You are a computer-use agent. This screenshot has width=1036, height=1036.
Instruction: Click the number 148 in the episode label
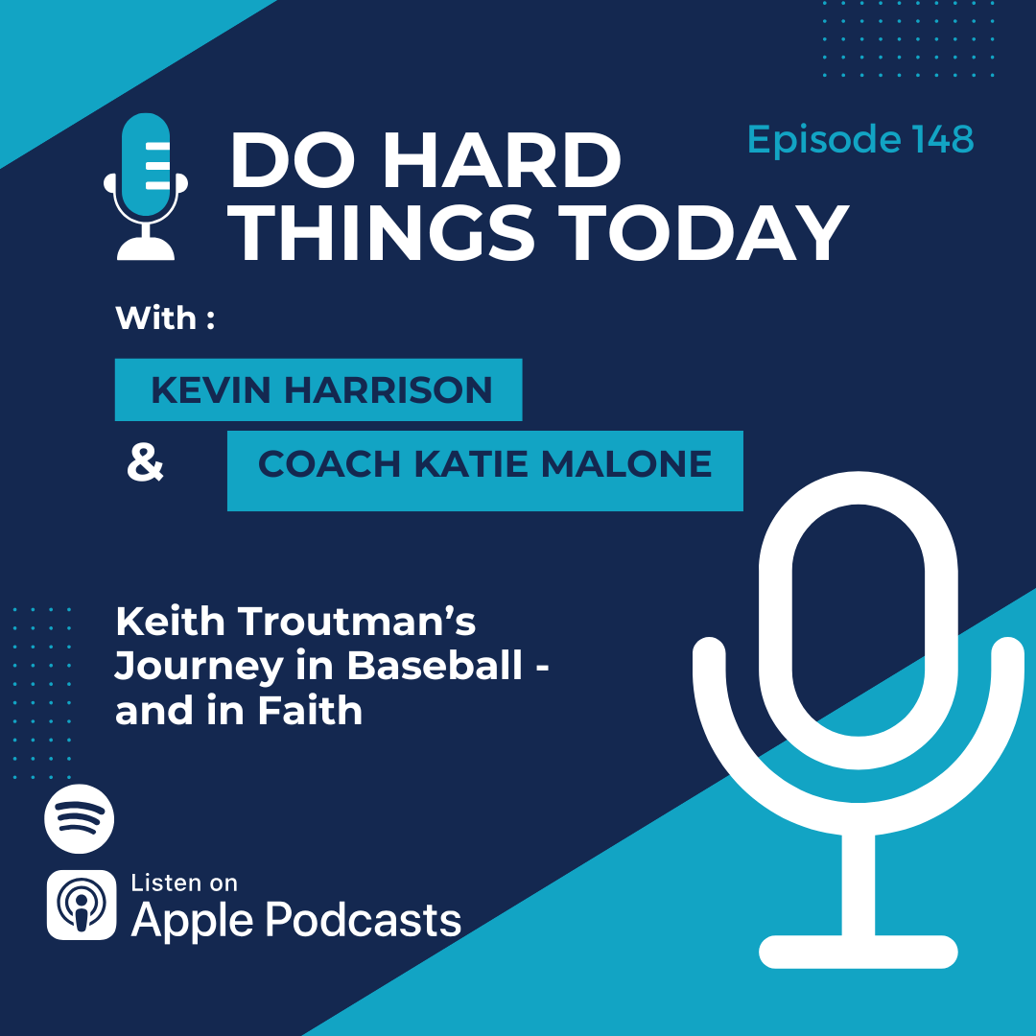point(943,139)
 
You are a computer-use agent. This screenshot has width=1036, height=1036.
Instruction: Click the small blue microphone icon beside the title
point(146,186)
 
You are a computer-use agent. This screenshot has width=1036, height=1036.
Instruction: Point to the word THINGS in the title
point(385,233)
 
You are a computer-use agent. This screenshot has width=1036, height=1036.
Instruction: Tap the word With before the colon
point(156,318)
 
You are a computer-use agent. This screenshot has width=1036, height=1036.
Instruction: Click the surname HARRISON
point(388,389)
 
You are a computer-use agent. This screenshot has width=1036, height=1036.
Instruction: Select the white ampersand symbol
point(145,463)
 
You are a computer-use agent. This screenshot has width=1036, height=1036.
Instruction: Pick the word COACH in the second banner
point(329,464)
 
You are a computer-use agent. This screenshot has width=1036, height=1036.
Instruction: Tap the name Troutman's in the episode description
point(356,622)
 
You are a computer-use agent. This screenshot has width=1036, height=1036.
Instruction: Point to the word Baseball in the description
point(435,666)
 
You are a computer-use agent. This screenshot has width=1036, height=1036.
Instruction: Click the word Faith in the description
point(310,711)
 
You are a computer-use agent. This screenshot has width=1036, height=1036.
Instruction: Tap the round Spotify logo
point(80,818)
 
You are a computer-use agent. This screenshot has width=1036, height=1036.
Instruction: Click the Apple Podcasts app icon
point(82,905)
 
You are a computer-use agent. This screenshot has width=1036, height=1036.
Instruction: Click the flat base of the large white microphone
point(859,953)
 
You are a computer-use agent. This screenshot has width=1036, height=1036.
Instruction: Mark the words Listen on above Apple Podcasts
point(183,883)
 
